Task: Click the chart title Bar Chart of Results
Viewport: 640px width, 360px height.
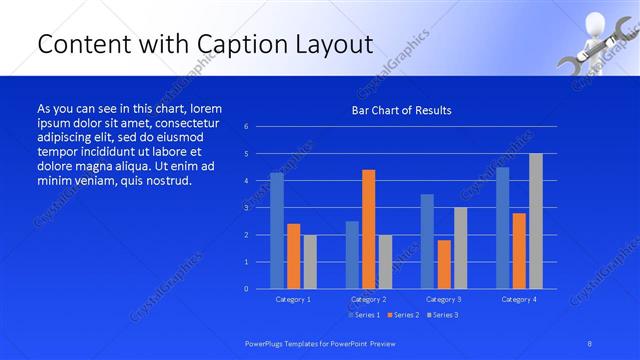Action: (401, 110)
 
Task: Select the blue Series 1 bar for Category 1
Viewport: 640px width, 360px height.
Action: (277, 230)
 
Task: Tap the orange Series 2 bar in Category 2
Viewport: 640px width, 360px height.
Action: (368, 229)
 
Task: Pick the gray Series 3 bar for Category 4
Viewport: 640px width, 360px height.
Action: (536, 221)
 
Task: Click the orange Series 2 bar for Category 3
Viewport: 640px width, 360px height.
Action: (444, 264)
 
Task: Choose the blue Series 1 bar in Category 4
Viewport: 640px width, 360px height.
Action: (502, 228)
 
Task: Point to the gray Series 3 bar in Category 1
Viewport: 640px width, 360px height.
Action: (310, 261)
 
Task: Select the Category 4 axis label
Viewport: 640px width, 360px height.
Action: (518, 299)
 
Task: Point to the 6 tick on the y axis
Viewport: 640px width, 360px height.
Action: (247, 127)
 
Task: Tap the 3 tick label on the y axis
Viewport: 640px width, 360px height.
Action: (247, 208)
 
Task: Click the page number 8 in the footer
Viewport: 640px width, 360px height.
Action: (590, 343)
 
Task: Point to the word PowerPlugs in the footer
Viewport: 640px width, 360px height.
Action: (267, 343)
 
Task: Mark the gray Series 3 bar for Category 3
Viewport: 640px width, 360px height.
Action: (460, 248)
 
